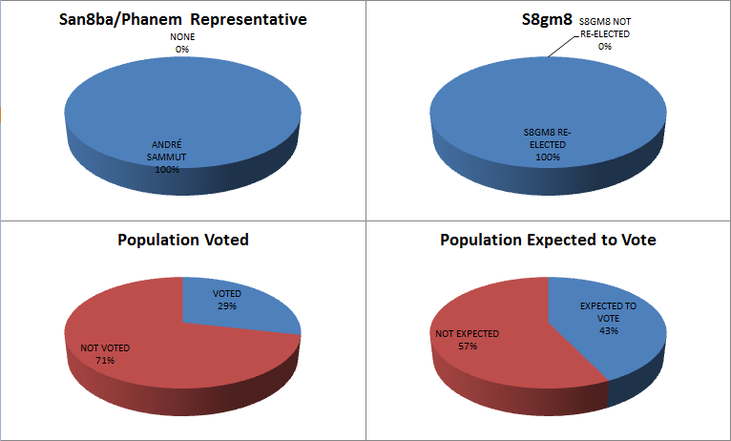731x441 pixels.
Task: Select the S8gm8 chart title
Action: click(x=547, y=19)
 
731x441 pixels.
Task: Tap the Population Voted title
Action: click(x=182, y=240)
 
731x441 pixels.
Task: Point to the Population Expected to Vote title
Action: click(x=548, y=240)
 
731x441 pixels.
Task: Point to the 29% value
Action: click(x=225, y=306)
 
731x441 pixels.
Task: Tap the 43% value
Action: click(x=608, y=330)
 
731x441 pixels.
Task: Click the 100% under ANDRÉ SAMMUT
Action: click(x=167, y=169)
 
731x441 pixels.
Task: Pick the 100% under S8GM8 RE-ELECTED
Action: click(x=547, y=157)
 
